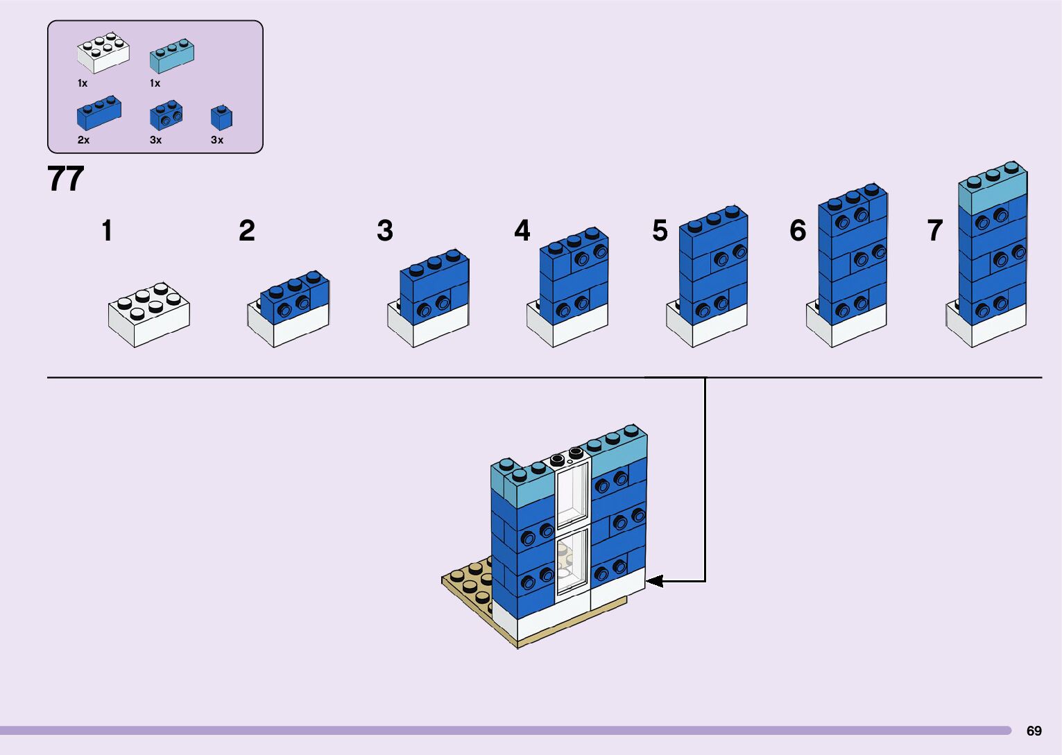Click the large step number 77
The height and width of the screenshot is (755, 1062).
66,179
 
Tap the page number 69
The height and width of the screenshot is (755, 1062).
1034,731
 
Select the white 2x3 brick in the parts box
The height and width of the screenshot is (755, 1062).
103,53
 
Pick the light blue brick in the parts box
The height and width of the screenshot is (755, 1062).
172,56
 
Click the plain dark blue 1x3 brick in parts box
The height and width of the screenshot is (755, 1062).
99,114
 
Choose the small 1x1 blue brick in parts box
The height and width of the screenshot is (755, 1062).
221,119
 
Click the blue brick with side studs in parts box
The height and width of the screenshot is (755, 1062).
166,116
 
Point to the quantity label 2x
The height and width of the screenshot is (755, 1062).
83,140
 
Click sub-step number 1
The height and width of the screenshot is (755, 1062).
107,231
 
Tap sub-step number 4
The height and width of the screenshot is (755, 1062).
522,231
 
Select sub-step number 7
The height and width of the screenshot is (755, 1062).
935,231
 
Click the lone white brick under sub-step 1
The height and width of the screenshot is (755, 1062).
149,315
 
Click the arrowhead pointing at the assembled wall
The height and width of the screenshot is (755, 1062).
654,581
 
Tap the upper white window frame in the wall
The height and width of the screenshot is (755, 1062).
572,494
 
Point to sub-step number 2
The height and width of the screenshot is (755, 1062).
246,231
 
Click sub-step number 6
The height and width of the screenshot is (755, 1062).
798,231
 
